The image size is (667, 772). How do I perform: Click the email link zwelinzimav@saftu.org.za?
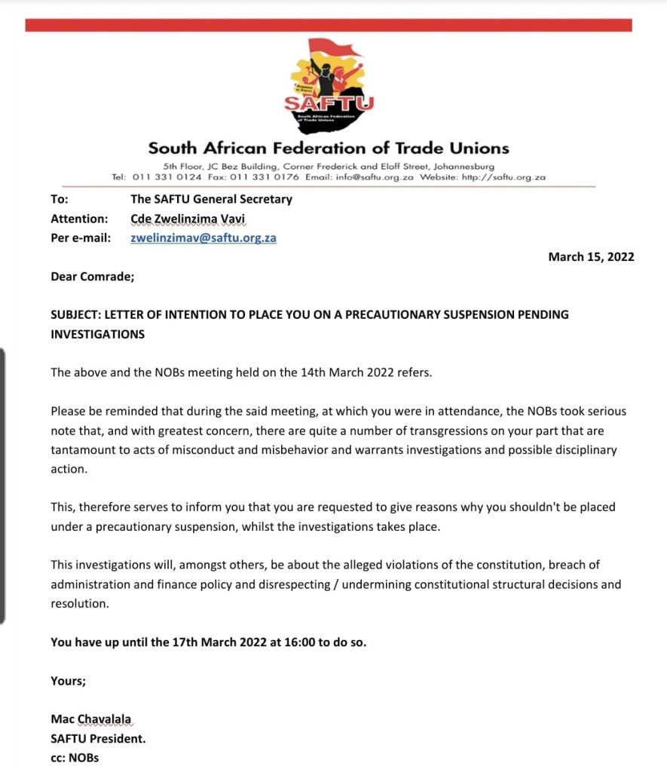(x=203, y=237)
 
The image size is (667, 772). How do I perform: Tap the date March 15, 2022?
(x=591, y=257)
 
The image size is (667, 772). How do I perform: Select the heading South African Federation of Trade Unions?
(x=329, y=148)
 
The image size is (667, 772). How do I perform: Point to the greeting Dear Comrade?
(x=93, y=277)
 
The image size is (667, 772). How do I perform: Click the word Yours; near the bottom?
(x=69, y=681)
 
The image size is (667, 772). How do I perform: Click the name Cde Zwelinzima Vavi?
(x=188, y=219)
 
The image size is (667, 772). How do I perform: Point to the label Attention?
(x=79, y=219)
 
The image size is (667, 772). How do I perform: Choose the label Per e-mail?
(x=81, y=237)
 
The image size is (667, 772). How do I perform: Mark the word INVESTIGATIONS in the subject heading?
(x=97, y=333)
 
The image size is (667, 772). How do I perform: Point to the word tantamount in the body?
(x=83, y=450)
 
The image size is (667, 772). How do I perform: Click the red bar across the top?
(x=329, y=25)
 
